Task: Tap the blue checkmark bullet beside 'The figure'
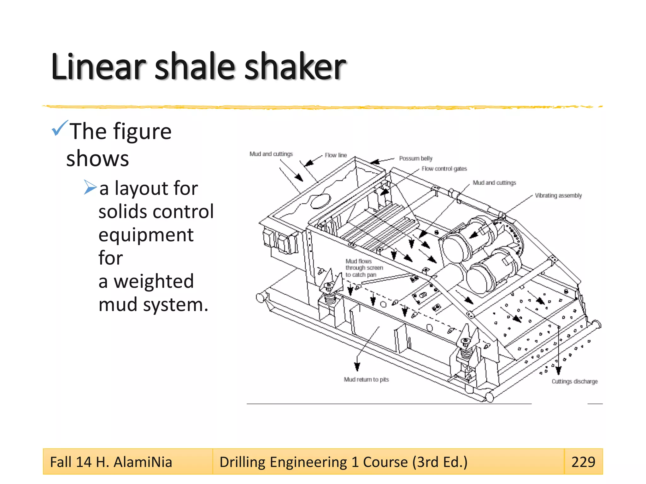(60, 128)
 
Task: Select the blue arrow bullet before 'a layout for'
(90, 187)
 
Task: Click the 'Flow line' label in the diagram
(336, 155)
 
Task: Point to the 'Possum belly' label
(415, 158)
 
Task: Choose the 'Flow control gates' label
(444, 169)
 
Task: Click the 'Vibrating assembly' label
(558, 195)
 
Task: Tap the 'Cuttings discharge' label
(574, 381)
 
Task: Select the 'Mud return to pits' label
(366, 379)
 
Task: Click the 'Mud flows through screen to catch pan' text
(363, 268)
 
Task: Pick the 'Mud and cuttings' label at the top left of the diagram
(271, 154)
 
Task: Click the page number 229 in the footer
(583, 462)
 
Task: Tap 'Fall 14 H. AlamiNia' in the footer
(111, 462)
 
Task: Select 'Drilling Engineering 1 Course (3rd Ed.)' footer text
(343, 462)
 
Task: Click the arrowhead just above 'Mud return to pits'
(357, 366)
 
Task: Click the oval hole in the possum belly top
(320, 201)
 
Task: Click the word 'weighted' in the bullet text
(154, 281)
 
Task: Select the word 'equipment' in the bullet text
(146, 235)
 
